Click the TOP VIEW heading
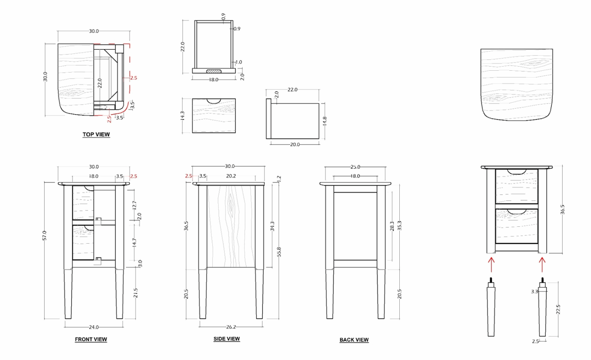[x=96, y=134]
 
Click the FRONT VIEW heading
[x=91, y=339]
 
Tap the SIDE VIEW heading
[x=227, y=339]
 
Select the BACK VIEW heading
[x=354, y=339]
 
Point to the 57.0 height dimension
[x=45, y=235]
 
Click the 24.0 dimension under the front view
[x=94, y=327]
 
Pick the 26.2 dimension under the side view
[x=231, y=327]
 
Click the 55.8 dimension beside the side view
[x=279, y=251]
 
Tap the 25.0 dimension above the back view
[x=355, y=167]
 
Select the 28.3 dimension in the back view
[x=392, y=226]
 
